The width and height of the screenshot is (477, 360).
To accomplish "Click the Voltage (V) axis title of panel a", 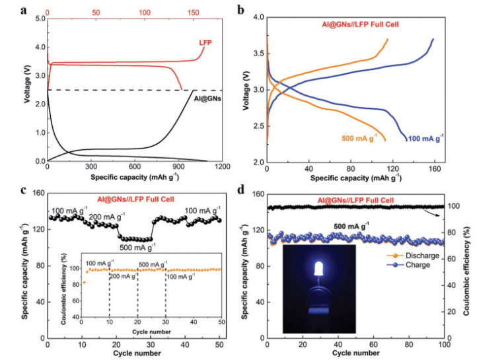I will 26,90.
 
